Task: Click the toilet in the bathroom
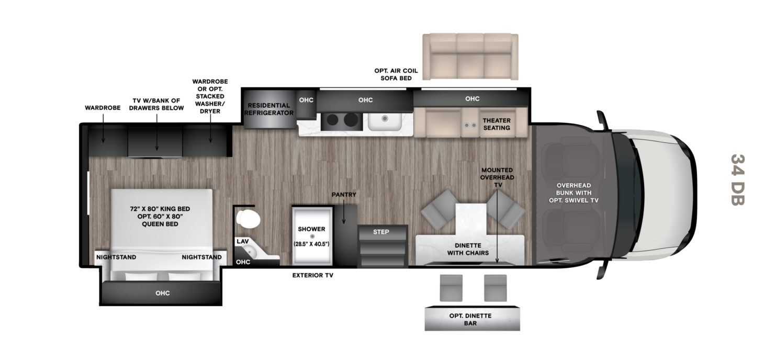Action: [x=248, y=219]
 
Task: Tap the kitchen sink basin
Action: [x=385, y=121]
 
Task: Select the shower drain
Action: [x=312, y=237]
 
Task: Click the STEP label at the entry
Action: [x=381, y=232]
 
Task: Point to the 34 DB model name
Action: [x=738, y=180]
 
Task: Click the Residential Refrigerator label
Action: [x=269, y=109]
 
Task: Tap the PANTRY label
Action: [x=344, y=194]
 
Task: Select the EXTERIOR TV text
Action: [x=312, y=275]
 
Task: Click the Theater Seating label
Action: [x=497, y=124]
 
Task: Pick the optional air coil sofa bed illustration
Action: [x=470, y=57]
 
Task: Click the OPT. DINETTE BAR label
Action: [x=470, y=319]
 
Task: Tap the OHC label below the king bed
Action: [x=163, y=293]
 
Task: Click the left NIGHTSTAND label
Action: [x=116, y=257]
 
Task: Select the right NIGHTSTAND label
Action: [x=201, y=257]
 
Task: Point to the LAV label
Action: [x=242, y=241]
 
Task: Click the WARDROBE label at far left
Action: [x=103, y=108]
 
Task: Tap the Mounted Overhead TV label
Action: [x=497, y=177]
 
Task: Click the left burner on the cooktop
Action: [x=332, y=120]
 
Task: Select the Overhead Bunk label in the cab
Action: [x=573, y=193]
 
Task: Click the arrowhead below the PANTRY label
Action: [x=344, y=222]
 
